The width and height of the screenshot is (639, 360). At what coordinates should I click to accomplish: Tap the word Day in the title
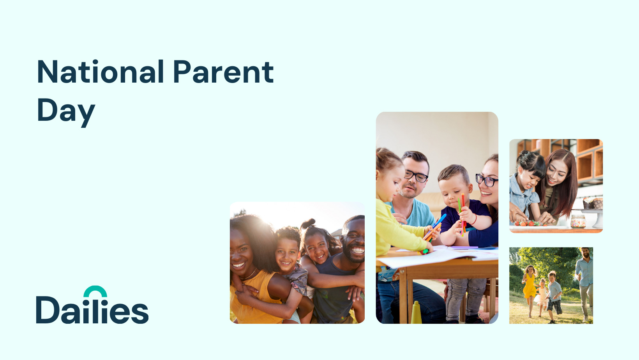click(x=66, y=111)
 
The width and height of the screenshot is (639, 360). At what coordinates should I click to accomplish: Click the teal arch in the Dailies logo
click(x=95, y=291)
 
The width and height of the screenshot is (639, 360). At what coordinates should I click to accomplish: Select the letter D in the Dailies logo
click(x=48, y=310)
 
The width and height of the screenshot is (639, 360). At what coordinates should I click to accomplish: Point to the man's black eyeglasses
click(x=416, y=175)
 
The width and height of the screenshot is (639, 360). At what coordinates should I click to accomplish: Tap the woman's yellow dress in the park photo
click(x=530, y=287)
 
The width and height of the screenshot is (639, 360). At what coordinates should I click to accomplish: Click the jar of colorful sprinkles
click(x=578, y=221)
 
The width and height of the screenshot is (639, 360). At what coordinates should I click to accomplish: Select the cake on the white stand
click(x=593, y=203)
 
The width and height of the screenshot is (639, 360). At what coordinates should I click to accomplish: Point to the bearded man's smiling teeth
click(x=357, y=251)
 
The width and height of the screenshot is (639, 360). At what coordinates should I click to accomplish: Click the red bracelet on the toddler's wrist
click(x=474, y=220)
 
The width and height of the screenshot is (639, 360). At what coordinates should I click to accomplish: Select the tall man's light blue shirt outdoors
click(x=584, y=271)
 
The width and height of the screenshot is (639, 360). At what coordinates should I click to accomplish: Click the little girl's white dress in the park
click(x=541, y=296)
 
